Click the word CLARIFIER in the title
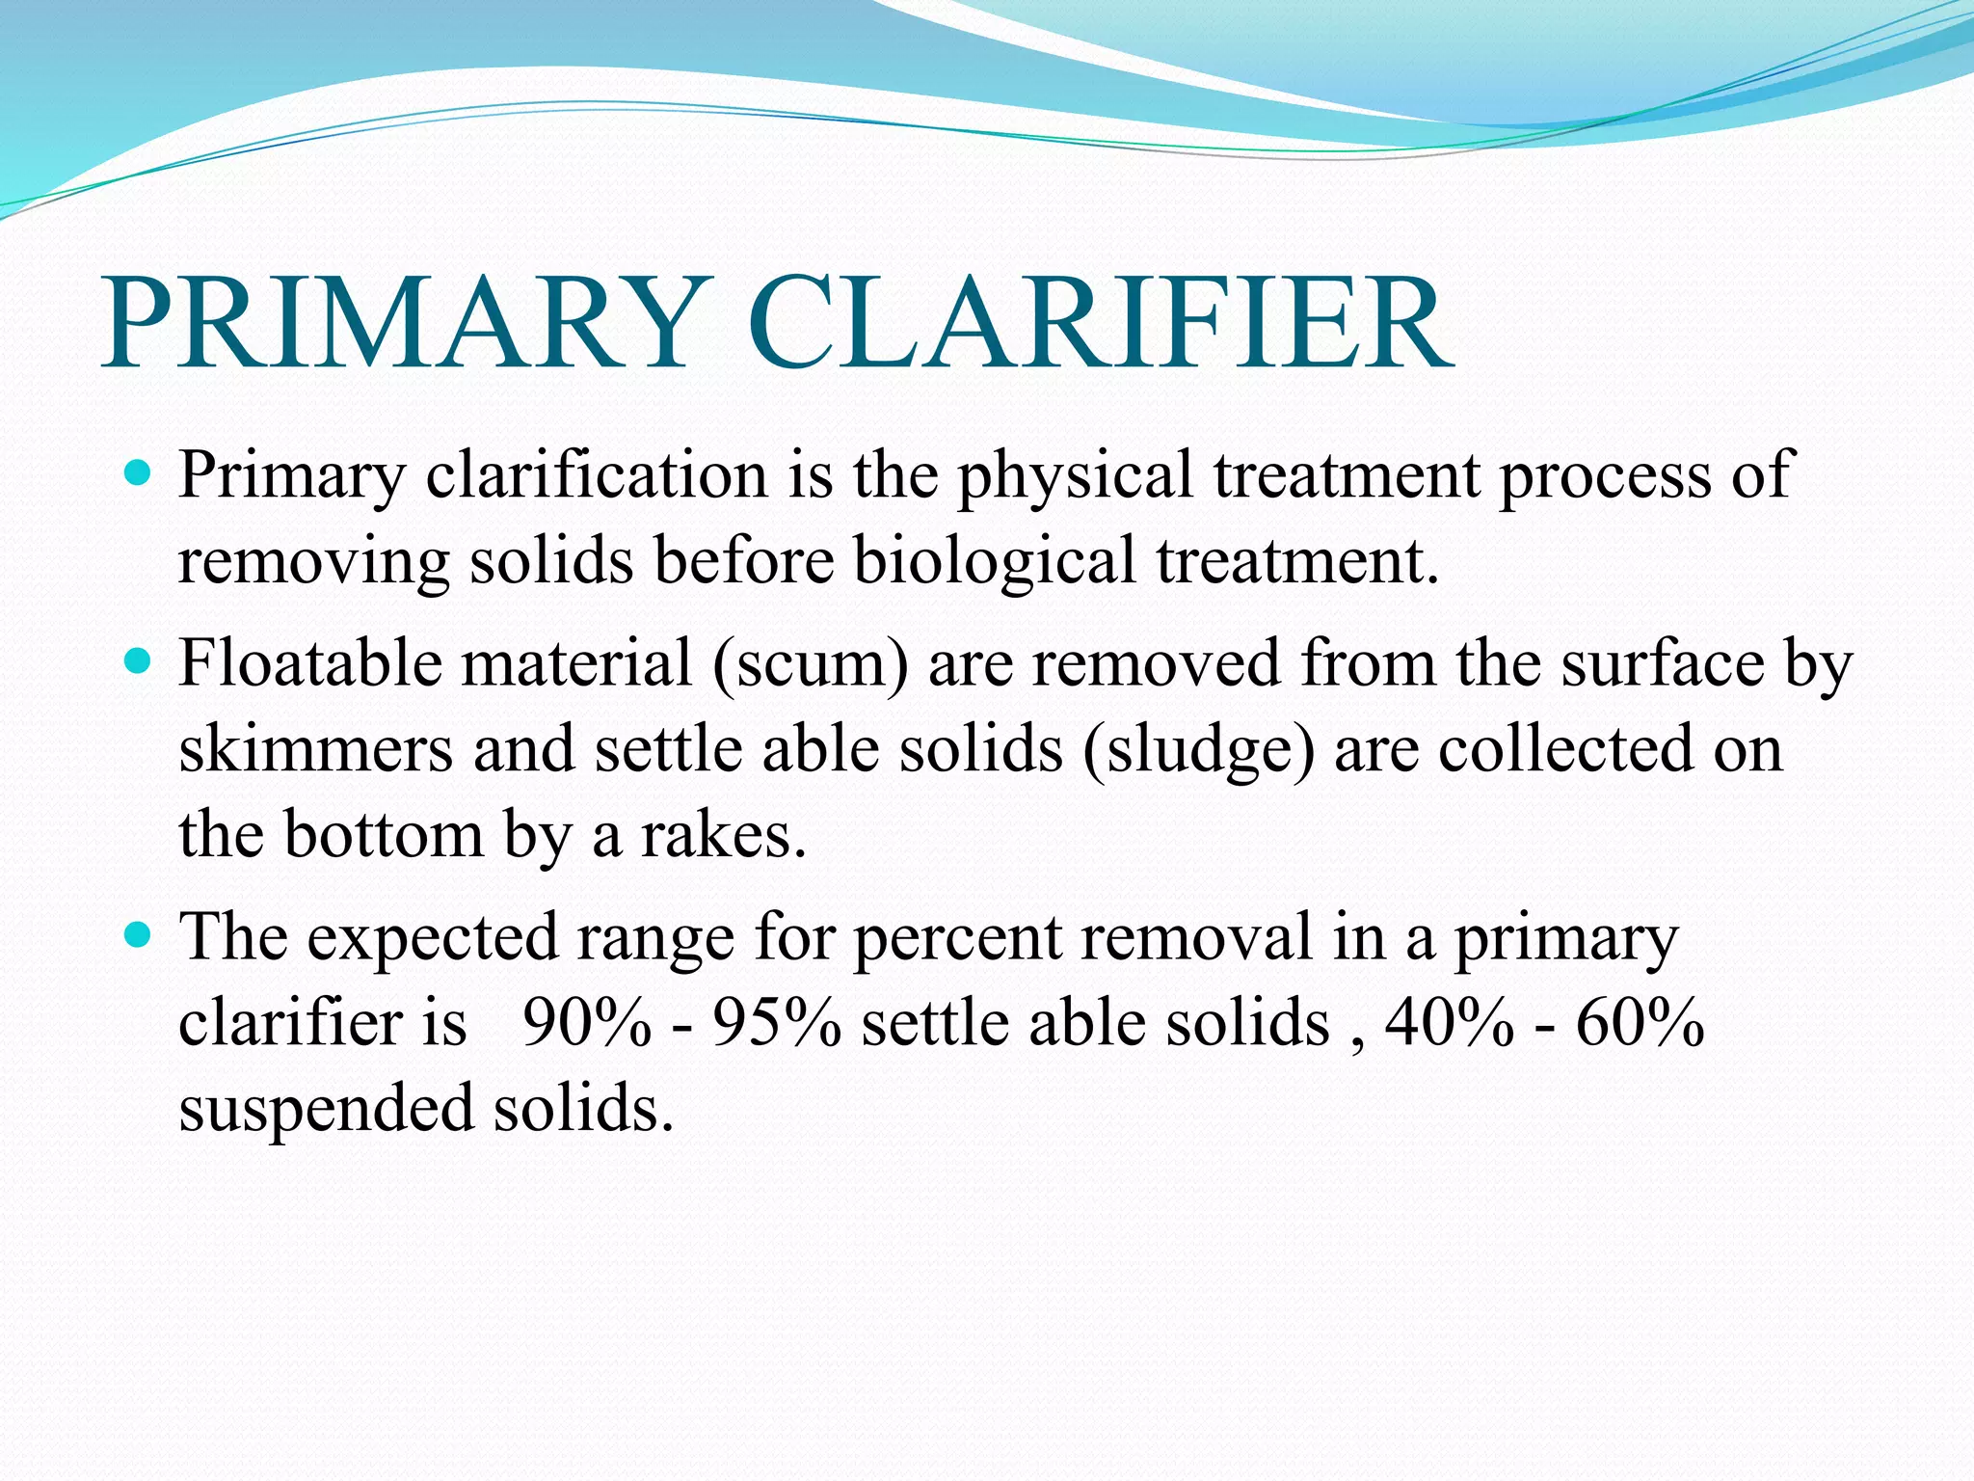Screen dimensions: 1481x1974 point(1099,324)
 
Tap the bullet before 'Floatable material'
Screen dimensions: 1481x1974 point(139,662)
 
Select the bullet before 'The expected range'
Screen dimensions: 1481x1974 point(139,935)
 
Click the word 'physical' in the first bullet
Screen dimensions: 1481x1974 point(1075,475)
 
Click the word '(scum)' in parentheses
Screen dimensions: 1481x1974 point(810,664)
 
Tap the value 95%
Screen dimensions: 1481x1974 point(777,1023)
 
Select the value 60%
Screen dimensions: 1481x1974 point(1640,1023)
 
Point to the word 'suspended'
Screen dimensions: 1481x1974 point(327,1109)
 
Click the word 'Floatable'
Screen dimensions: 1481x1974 point(308,663)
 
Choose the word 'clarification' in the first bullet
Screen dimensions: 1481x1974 point(597,475)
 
